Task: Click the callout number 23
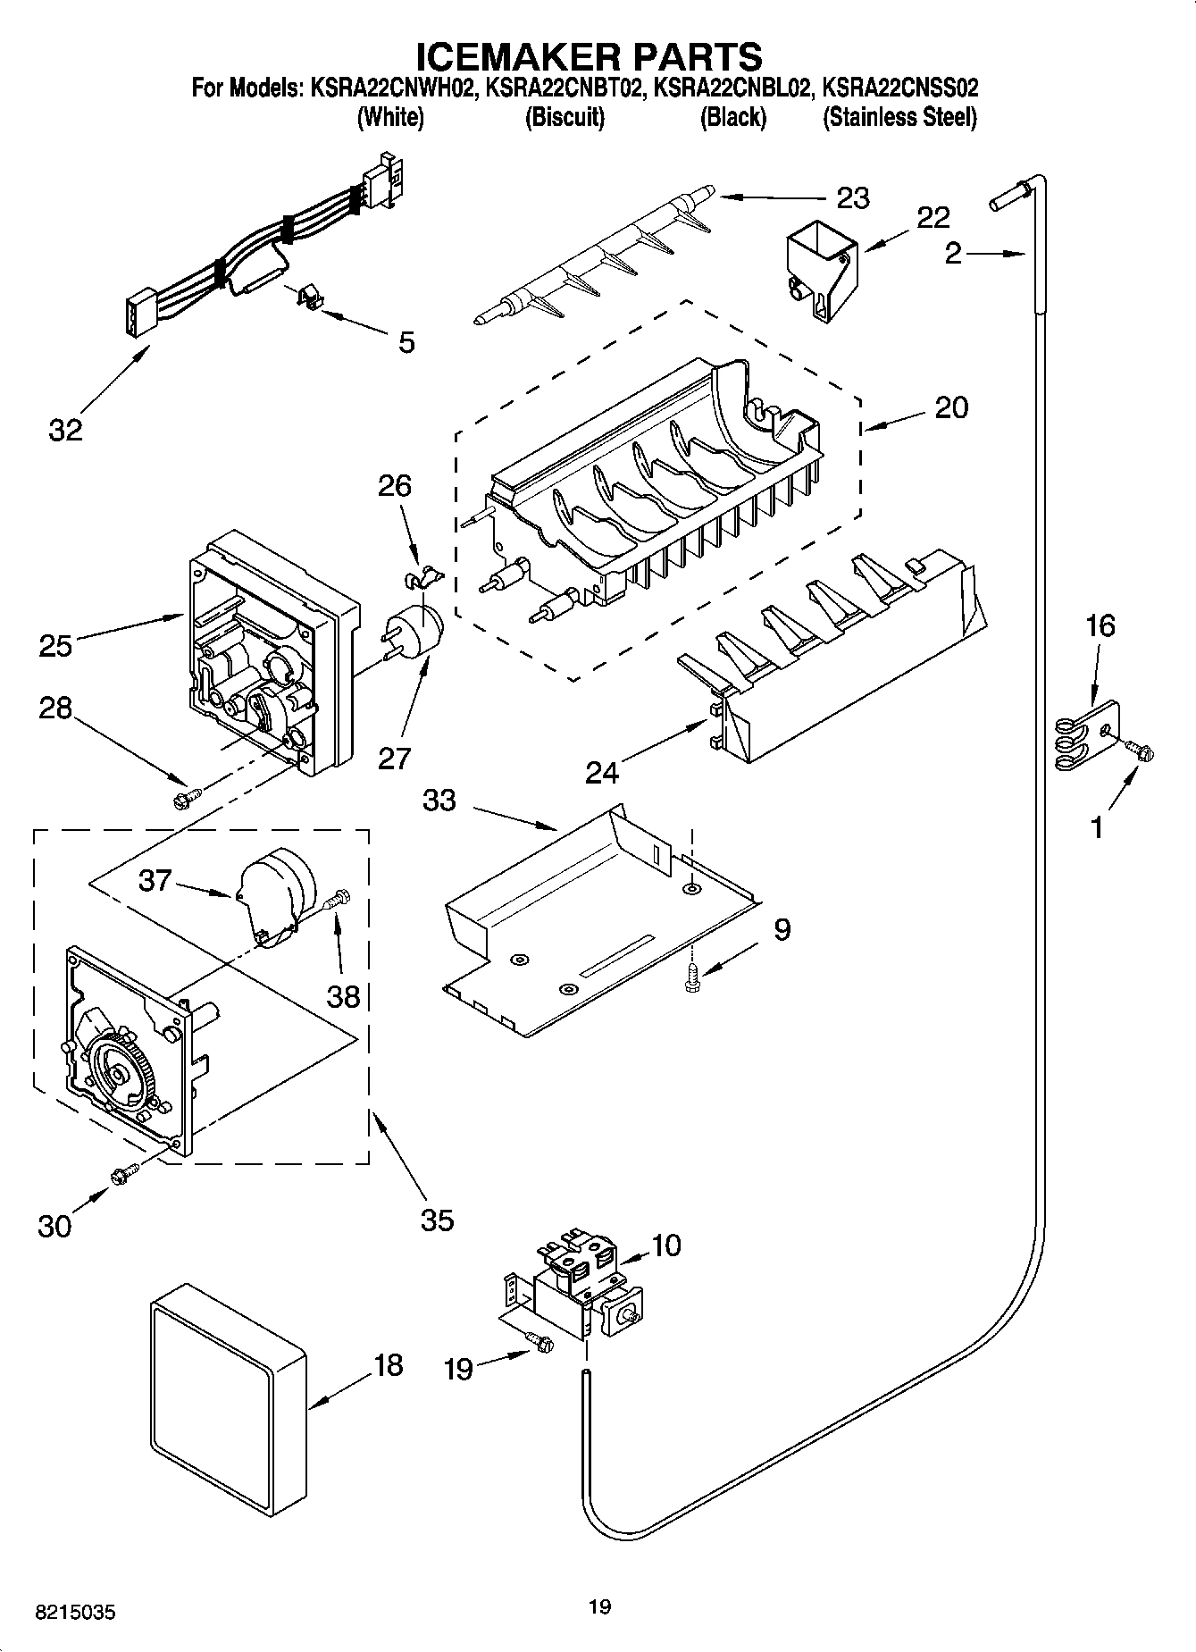(x=853, y=197)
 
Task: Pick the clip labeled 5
(x=309, y=298)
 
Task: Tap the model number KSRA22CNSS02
(x=899, y=88)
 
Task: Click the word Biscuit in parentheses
(x=565, y=118)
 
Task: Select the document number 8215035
(x=75, y=1613)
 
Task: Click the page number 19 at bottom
(x=599, y=1607)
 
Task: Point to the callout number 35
(x=437, y=1219)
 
